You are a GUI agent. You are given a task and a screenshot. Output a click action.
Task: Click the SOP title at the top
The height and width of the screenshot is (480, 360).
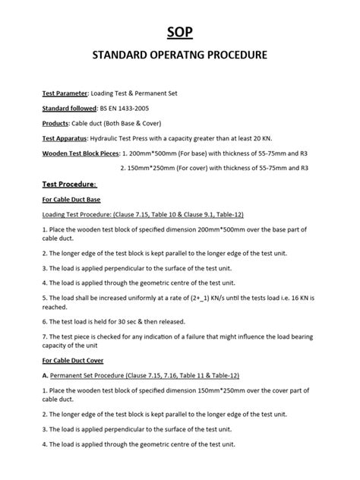[180, 30]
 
